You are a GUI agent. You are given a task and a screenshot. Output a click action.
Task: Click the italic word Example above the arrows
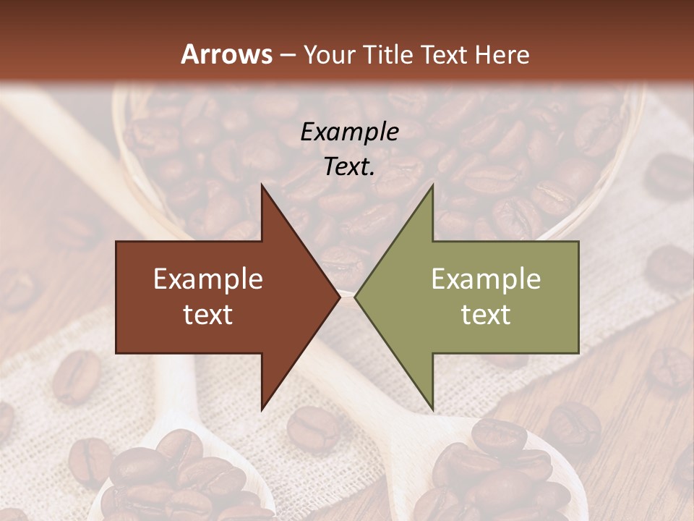coord(349,132)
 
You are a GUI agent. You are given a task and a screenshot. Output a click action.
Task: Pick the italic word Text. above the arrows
coord(349,166)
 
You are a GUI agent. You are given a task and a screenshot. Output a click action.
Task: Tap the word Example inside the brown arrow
coord(208,279)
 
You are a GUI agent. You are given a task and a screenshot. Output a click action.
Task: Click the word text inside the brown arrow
coord(208,315)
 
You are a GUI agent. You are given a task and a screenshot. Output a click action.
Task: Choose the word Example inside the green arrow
coord(486,279)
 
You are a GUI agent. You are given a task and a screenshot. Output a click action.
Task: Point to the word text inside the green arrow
coord(486,315)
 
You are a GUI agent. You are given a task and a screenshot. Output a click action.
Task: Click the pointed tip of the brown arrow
coord(339,297)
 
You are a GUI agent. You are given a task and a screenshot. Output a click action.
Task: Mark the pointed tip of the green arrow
coord(356,297)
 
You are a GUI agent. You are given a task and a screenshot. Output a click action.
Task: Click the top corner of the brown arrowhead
coord(262,185)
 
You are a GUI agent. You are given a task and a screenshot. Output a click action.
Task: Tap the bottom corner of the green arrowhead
coord(432,409)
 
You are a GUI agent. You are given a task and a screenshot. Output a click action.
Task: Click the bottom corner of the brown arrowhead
coord(262,409)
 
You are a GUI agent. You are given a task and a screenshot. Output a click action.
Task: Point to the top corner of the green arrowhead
coord(432,185)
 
